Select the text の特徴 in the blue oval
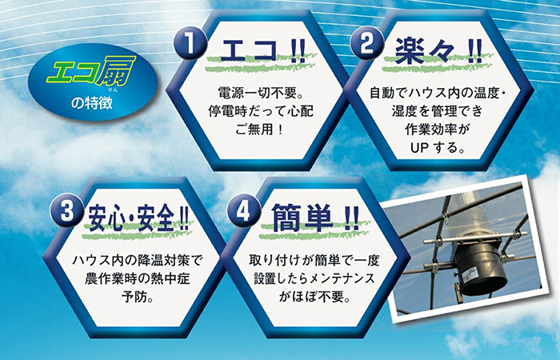pos(83,102)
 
